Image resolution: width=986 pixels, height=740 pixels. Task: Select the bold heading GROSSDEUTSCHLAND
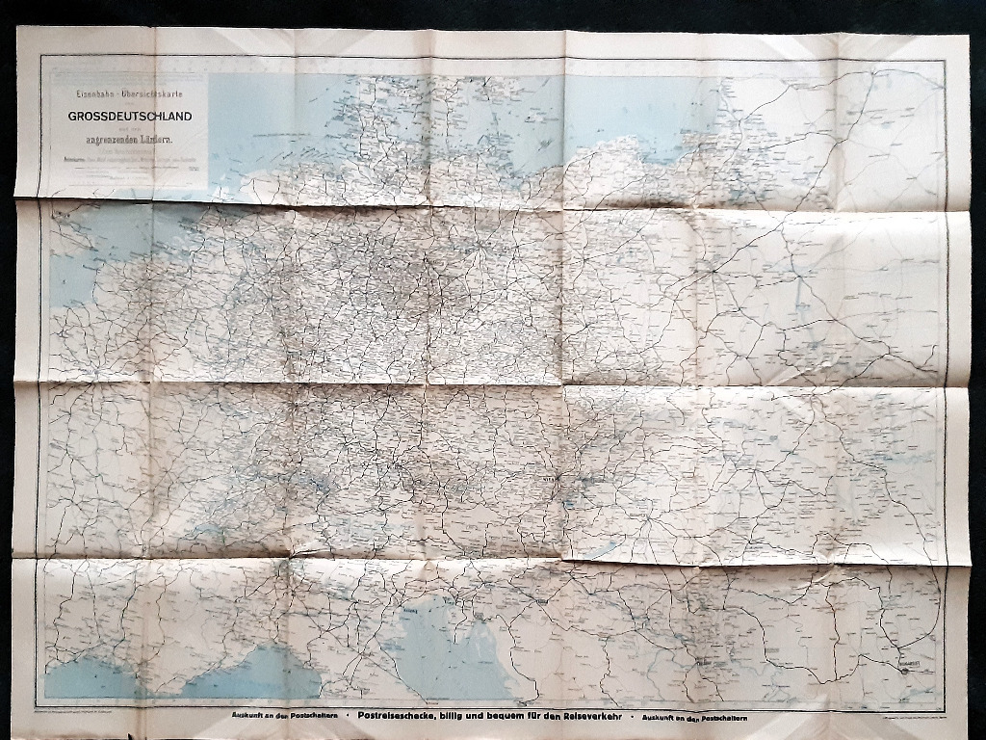point(130,116)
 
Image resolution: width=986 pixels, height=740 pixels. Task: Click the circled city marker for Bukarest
point(902,672)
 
